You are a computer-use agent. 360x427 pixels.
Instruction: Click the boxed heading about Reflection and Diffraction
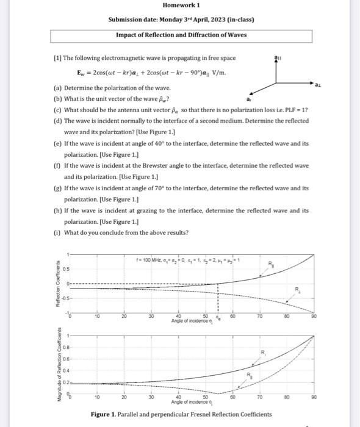(181, 35)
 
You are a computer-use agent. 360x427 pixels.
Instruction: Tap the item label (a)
(59, 88)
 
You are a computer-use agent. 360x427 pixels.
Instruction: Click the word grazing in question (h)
(151, 210)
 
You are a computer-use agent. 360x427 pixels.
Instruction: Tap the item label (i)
(58, 232)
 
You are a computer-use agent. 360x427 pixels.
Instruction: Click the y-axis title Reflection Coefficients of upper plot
(58, 284)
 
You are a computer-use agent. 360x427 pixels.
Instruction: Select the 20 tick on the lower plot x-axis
(123, 396)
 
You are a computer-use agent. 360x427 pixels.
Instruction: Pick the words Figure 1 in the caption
(105, 415)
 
